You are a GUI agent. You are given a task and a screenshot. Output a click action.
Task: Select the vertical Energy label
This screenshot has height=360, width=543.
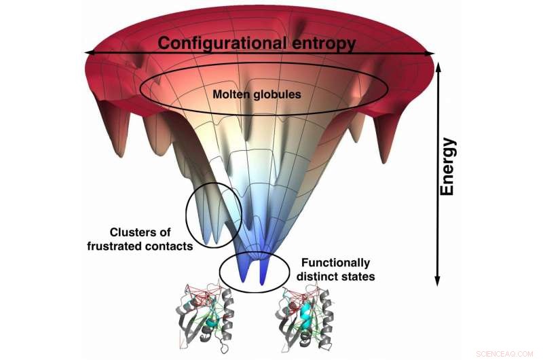coord(447,167)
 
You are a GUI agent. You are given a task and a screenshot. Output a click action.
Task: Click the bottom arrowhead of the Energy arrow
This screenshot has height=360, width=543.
coord(438,281)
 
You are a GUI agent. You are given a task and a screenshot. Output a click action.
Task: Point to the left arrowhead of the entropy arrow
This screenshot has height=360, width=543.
coord(87,52)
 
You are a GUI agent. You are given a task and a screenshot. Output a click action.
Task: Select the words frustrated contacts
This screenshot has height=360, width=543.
coord(140,245)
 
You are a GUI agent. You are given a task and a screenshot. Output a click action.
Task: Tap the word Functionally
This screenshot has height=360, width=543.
coord(335,263)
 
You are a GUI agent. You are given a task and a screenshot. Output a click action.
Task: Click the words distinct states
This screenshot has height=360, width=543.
coord(336,276)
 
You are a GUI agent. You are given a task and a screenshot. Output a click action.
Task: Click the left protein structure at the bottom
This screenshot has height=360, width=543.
coord(204,316)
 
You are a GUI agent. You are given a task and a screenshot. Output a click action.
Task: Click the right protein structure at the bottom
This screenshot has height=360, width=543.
coord(307,316)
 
